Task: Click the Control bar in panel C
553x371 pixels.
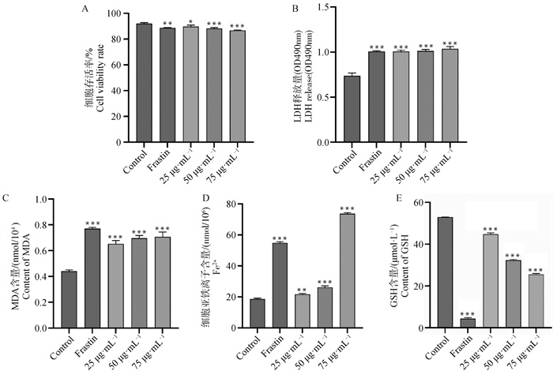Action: tap(69, 299)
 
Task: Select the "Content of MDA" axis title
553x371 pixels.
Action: tap(25, 272)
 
